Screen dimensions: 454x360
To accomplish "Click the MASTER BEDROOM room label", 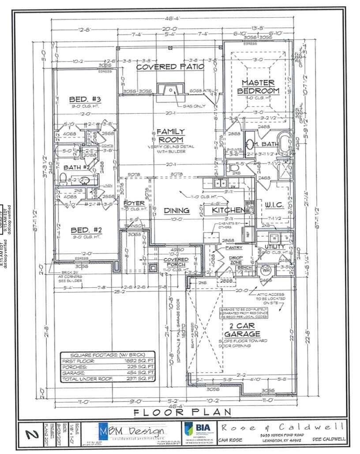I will pos(258,86).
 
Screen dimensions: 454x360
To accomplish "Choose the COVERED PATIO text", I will pos(170,67).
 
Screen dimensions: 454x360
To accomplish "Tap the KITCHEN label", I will pos(228,210).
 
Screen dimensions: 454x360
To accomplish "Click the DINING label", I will pos(176,211).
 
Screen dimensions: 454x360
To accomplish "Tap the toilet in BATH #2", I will pos(63,179).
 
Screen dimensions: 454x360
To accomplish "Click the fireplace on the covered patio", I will pos(170,91).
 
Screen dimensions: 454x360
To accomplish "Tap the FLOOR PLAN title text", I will pos(183,412).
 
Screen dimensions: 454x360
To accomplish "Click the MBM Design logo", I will pos(131,432).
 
